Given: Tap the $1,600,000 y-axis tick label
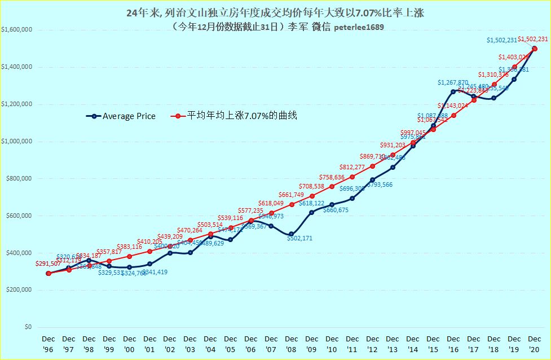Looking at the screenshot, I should click(x=17, y=30).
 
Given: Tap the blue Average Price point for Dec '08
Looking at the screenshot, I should click(x=292, y=234).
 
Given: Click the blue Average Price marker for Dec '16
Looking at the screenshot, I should click(x=453, y=91).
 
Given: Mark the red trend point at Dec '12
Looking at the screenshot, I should click(x=372, y=166).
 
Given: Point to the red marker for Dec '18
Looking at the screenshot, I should click(x=494, y=84).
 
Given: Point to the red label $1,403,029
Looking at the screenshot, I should click(x=513, y=57).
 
